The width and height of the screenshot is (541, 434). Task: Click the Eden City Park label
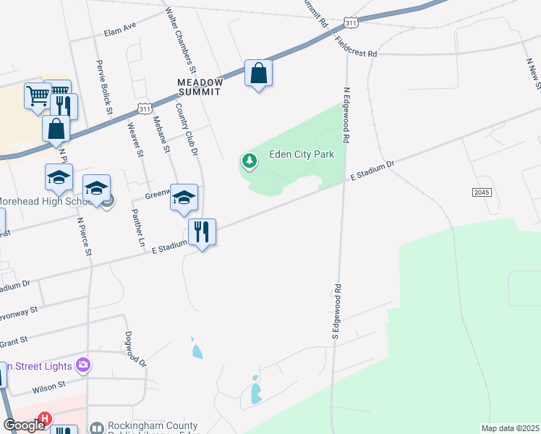point(302,155)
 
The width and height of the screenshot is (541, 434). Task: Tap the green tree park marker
point(250,160)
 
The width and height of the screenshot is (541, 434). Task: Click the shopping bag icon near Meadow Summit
point(258,74)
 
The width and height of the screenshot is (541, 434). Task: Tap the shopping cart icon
point(37,95)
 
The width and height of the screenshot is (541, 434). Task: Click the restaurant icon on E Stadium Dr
point(202,232)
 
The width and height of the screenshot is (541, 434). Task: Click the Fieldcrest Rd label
point(357,48)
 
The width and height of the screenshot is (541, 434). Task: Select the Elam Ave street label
point(120,27)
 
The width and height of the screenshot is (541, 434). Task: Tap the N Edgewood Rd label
point(346,114)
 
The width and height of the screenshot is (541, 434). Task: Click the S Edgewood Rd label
point(336,312)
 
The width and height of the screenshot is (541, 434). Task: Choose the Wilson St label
point(48,387)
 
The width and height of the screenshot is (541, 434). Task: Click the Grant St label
point(14,339)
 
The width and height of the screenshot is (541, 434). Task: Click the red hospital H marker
point(45,419)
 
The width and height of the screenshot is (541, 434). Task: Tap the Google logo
point(24,425)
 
